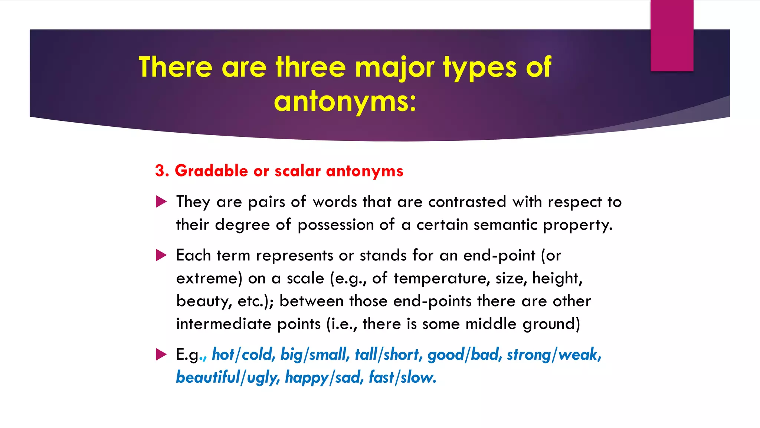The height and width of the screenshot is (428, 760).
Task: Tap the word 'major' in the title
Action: pyautogui.click(x=394, y=67)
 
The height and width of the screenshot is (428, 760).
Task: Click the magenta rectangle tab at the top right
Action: pyautogui.click(x=672, y=36)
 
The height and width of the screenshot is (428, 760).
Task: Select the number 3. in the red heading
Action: pyautogui.click(x=162, y=171)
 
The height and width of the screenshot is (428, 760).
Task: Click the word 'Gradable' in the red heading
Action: pyautogui.click(x=211, y=171)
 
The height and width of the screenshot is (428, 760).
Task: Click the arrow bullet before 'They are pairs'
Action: pyautogui.click(x=161, y=202)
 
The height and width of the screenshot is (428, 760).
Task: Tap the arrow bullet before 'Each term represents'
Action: pyautogui.click(x=161, y=255)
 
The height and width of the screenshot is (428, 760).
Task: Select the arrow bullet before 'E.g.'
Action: pyautogui.click(x=161, y=354)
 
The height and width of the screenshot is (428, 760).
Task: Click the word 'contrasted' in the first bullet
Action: pyautogui.click(x=467, y=202)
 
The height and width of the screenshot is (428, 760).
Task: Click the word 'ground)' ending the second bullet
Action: pyautogui.click(x=551, y=324)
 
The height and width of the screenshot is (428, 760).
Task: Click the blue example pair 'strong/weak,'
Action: pyautogui.click(x=554, y=354)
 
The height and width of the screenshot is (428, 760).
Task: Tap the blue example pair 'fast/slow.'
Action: pyautogui.click(x=402, y=377)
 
